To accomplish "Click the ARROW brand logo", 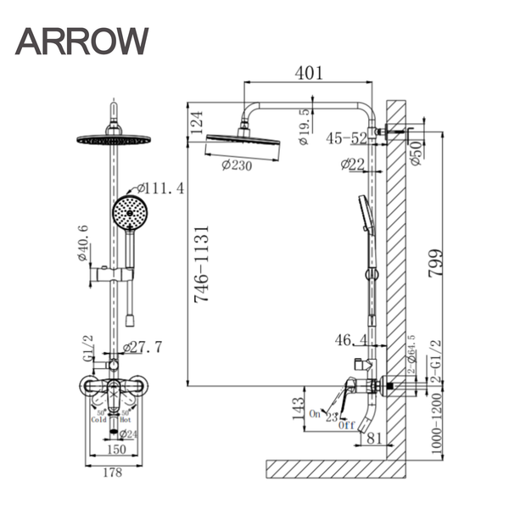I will [x=82, y=41].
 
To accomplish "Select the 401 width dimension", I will [x=308, y=73].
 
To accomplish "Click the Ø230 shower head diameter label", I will [x=237, y=166].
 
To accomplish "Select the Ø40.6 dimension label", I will [x=82, y=243].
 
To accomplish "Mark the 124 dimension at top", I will [x=198, y=122].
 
